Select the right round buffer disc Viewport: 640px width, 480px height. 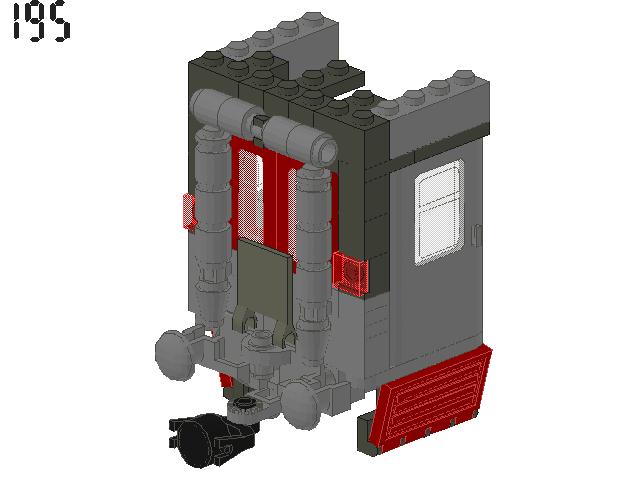coord(303,405)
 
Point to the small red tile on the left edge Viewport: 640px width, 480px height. coord(187,211)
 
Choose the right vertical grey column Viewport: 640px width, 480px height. coord(312,240)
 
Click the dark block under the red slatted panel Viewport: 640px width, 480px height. coord(366,425)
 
